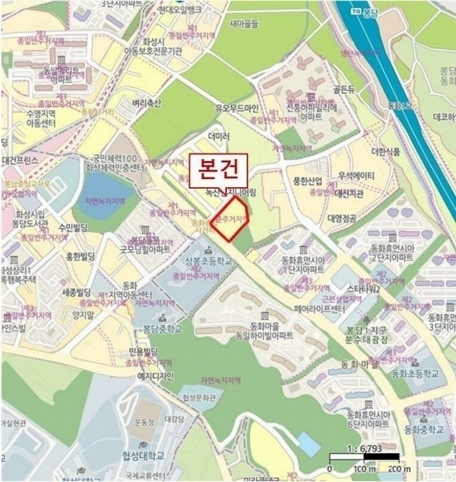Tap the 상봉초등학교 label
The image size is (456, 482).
click(x=207, y=262)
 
